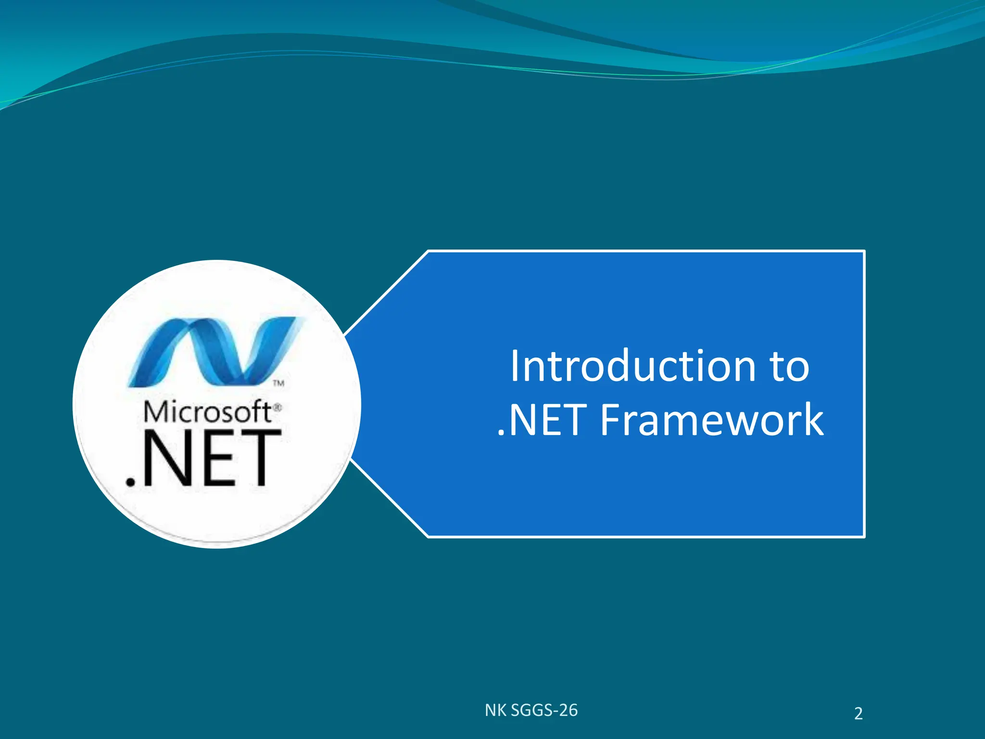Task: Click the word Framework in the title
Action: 712,420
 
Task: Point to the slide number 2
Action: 859,714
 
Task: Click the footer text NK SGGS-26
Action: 531,710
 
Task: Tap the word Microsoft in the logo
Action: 208,412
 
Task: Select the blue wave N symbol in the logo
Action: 215,352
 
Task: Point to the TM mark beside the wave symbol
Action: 279,383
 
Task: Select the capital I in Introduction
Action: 515,367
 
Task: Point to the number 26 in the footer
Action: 568,710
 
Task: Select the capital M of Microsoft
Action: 155,412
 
